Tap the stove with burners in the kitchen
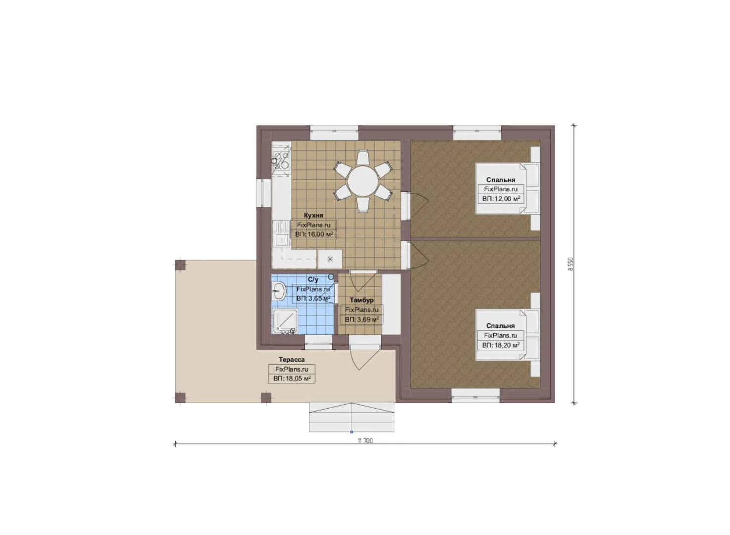click(281, 160)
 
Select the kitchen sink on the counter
click(281, 234)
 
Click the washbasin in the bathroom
click(279, 290)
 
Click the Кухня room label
click(313, 215)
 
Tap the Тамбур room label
click(362, 300)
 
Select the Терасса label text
click(292, 360)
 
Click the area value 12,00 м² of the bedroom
click(501, 199)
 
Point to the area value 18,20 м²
click(501, 345)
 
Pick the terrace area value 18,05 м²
click(292, 378)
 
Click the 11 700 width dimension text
click(365, 441)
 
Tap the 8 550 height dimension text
click(571, 265)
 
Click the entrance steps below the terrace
click(352, 417)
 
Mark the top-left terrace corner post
click(180, 265)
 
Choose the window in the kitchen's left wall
click(263, 193)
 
